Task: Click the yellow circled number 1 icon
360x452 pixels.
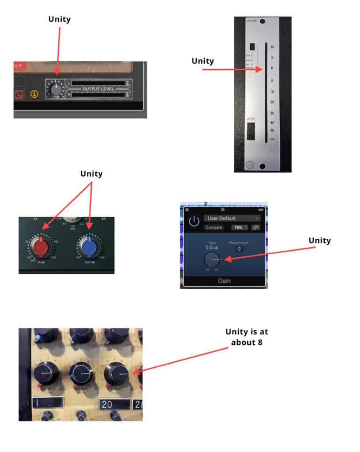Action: (x=34, y=94)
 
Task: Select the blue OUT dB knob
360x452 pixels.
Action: (x=90, y=246)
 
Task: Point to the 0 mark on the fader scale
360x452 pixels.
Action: (x=272, y=68)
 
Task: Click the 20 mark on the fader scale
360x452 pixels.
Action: (x=272, y=102)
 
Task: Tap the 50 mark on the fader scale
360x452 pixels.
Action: (x=272, y=131)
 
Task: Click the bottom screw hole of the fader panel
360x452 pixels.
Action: (x=262, y=166)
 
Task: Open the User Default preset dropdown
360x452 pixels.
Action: (x=232, y=218)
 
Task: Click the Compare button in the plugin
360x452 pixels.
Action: (x=213, y=228)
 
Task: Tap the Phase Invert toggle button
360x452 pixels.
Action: (x=239, y=249)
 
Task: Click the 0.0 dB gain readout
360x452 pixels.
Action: (x=213, y=248)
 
